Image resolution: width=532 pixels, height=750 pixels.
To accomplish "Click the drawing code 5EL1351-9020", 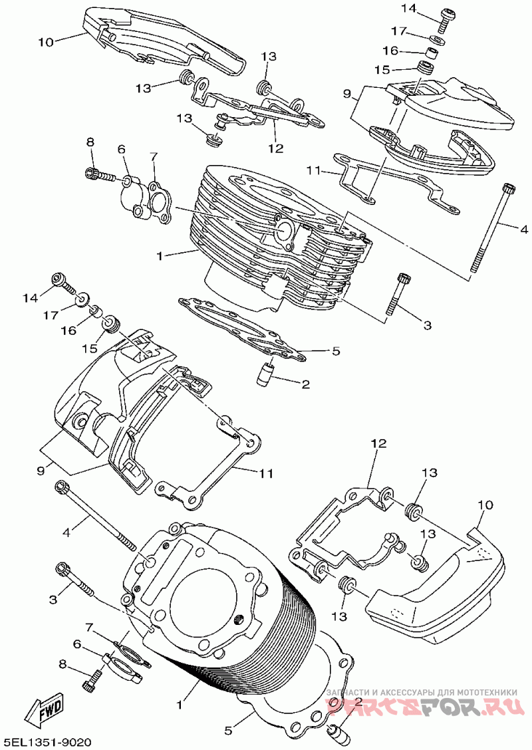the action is coord(47,741).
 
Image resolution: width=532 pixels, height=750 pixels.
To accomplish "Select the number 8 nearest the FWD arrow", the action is coord(62,664).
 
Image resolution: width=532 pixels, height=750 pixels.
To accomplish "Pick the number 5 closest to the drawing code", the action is coord(229,731).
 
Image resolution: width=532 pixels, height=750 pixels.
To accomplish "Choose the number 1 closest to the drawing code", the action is coord(180,705).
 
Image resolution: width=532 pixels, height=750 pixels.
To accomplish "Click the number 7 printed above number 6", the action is coord(88,626).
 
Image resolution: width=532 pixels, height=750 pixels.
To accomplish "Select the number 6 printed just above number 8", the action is coord(76,644).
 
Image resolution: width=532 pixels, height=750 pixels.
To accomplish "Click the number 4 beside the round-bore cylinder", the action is coord(66,532).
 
